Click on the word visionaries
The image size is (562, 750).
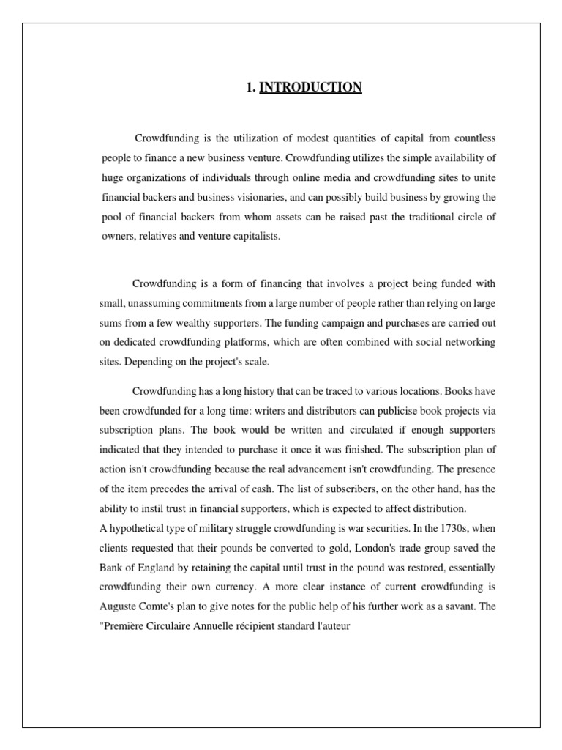266,197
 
